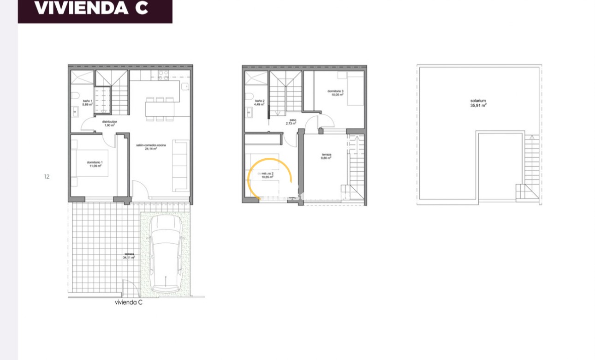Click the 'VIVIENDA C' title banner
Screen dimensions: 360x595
(95, 9)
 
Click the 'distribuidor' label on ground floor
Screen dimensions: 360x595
(109, 123)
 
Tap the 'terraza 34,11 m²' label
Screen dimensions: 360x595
(129, 256)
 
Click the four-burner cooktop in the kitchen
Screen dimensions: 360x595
(163, 75)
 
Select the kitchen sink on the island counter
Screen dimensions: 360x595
(184, 86)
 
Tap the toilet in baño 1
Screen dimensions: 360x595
(75, 96)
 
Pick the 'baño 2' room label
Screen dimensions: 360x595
(260, 102)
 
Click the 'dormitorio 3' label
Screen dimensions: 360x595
(336, 93)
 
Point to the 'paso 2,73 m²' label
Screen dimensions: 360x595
(291, 122)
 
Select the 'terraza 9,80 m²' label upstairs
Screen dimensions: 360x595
(326, 156)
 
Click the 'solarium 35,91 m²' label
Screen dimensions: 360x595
(478, 103)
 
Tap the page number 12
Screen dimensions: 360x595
(47, 176)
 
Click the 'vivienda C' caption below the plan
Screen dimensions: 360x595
(129, 303)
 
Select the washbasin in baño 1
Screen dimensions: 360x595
(75, 111)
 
